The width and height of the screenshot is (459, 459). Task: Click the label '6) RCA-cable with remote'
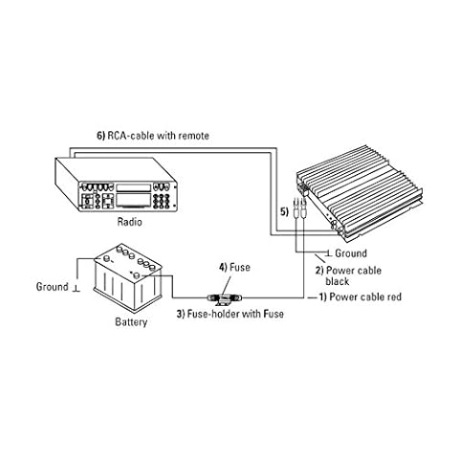click(153, 136)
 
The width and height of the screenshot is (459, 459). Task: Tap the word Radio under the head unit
click(129, 222)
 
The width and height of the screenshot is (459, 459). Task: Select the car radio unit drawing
click(117, 185)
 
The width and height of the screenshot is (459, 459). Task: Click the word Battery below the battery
click(131, 321)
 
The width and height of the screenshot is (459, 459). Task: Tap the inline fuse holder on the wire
click(225, 298)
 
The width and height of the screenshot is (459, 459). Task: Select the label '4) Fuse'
click(234, 267)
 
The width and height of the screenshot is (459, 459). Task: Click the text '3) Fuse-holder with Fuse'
click(230, 314)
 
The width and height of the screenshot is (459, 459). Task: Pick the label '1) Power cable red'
click(361, 297)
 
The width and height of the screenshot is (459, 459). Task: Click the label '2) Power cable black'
click(348, 276)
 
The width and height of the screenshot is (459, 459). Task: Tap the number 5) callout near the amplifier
click(284, 212)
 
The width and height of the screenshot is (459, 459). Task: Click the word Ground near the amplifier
click(351, 253)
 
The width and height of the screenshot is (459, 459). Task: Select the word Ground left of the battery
click(53, 287)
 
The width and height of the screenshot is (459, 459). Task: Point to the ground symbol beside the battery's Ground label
click(76, 288)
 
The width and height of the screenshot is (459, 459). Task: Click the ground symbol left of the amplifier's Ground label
click(329, 253)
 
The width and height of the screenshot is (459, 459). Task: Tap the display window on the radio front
click(133, 200)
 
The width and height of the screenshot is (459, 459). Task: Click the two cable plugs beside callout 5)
click(299, 208)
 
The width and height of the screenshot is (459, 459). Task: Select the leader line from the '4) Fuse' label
click(228, 286)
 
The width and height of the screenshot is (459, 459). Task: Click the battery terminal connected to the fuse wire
click(137, 274)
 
